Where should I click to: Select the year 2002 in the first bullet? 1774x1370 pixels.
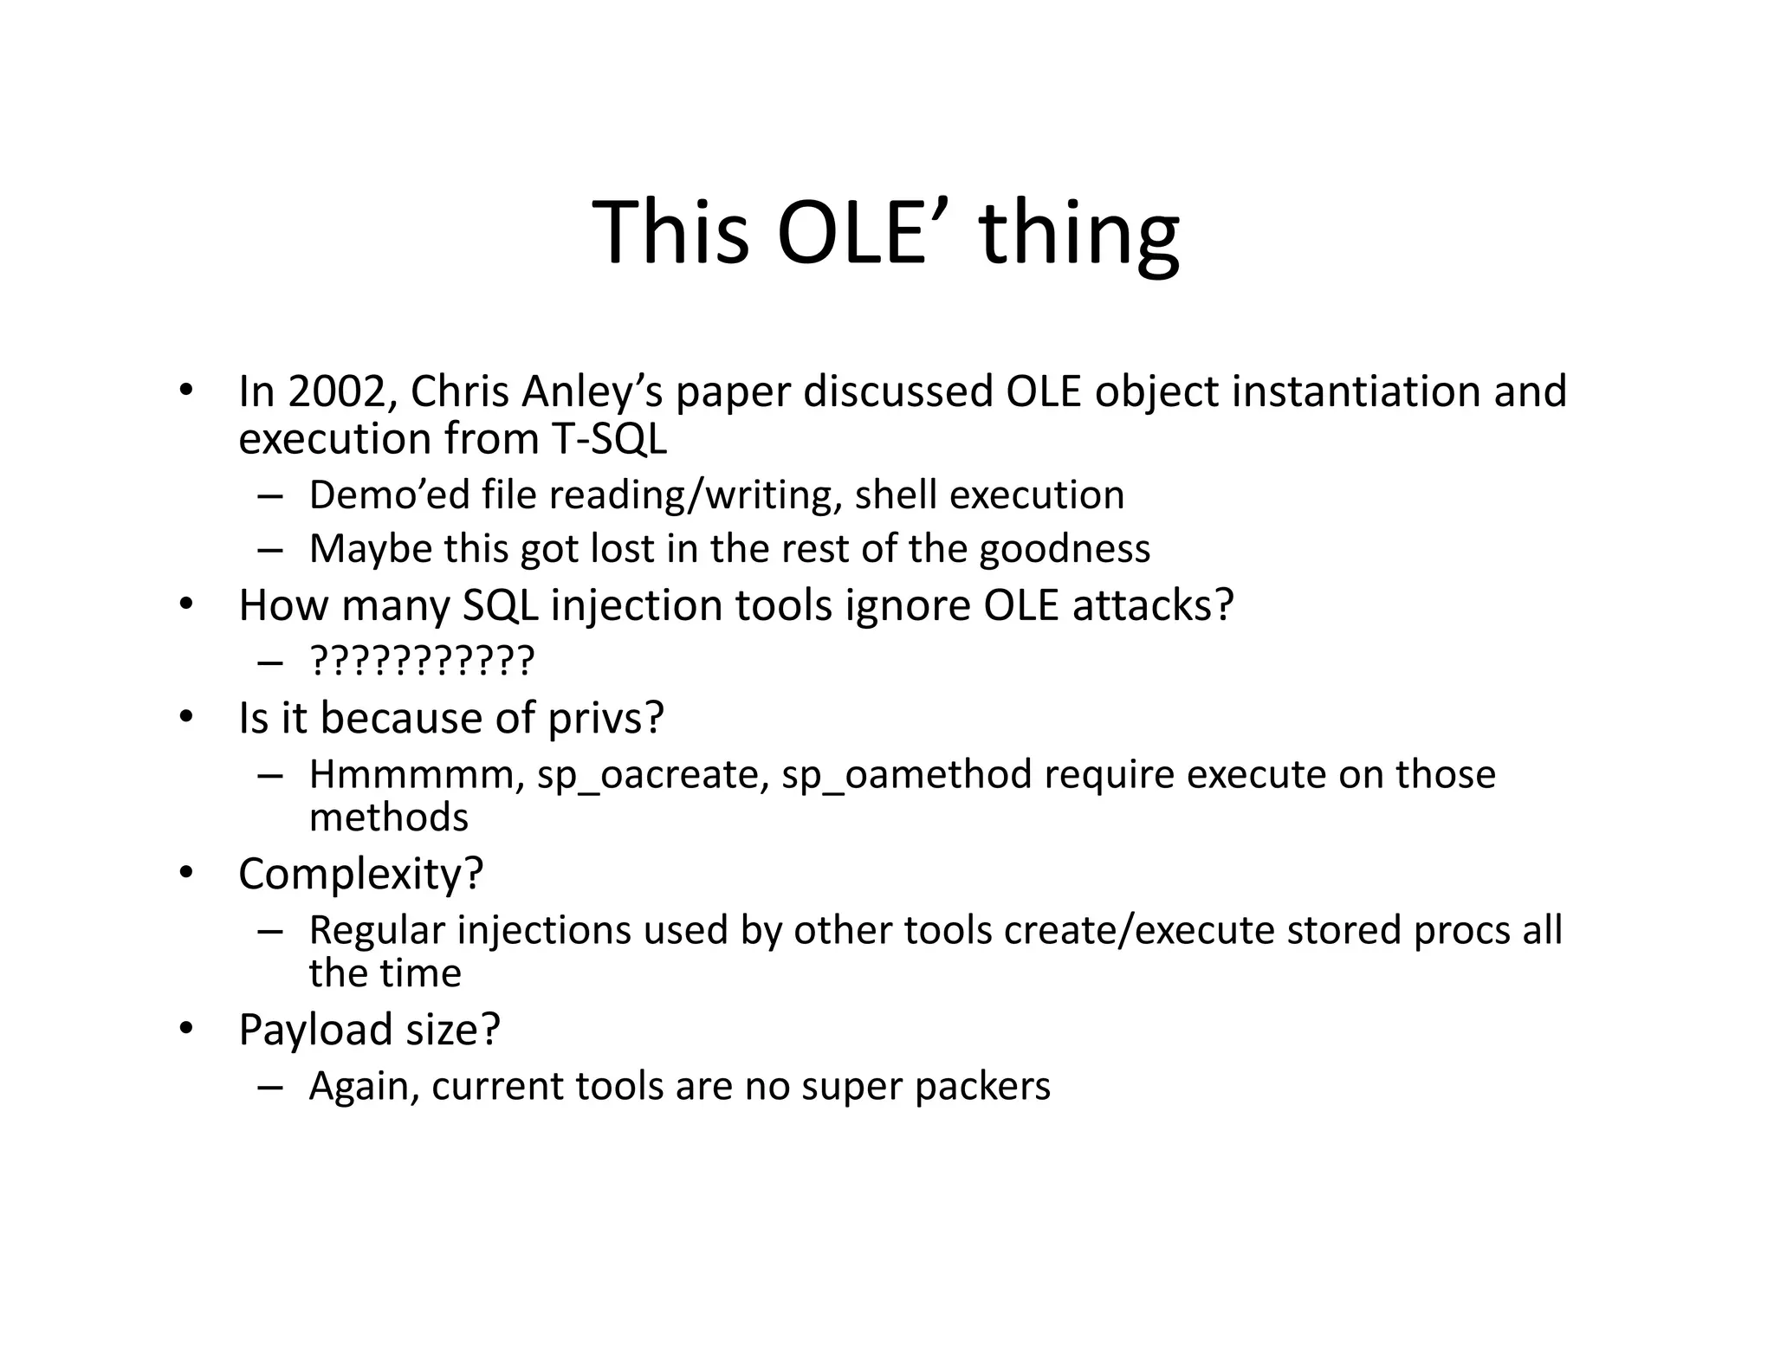pos(336,391)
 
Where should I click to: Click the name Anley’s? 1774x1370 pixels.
pos(592,391)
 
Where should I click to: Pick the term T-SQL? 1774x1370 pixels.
pos(609,439)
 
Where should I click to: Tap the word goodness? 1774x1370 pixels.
pos(1065,549)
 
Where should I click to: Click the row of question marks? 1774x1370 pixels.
pos(422,661)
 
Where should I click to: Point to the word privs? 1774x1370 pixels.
pos(605,718)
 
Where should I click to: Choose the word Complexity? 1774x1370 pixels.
pos(360,874)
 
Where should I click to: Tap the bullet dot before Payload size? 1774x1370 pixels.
pos(185,1030)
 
